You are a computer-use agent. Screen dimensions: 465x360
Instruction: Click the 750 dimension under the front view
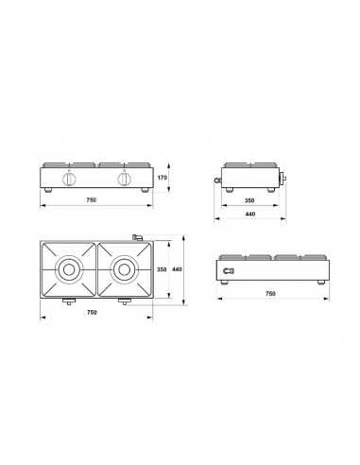(x=92, y=201)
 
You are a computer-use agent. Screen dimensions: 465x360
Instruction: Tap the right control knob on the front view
(x=122, y=179)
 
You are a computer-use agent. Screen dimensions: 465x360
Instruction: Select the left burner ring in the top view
(x=68, y=269)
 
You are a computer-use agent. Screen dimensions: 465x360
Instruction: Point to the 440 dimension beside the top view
(x=177, y=270)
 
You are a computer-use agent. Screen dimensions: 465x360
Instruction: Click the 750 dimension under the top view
(x=92, y=312)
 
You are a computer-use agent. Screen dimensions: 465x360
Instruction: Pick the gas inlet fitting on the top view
(x=135, y=235)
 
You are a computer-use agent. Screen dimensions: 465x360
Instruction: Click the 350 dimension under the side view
(x=249, y=201)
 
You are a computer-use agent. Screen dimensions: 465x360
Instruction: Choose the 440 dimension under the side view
(x=249, y=215)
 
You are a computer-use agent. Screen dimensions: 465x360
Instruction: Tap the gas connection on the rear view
(x=227, y=272)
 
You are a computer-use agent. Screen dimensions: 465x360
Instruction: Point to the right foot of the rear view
(x=317, y=283)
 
